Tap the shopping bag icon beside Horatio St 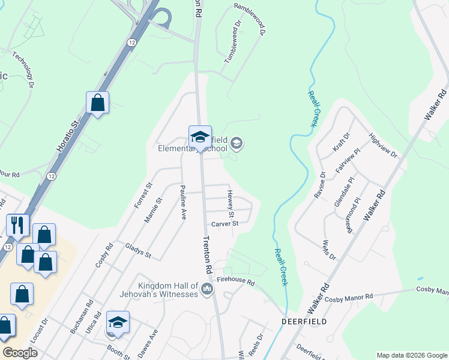pos(97,103)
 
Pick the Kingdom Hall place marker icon pos(207,289)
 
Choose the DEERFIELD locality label pos(304,322)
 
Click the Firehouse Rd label pos(236,281)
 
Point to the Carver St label pos(224,224)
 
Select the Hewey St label pos(231,204)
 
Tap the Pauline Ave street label pos(182,203)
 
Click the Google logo pos(20,353)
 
